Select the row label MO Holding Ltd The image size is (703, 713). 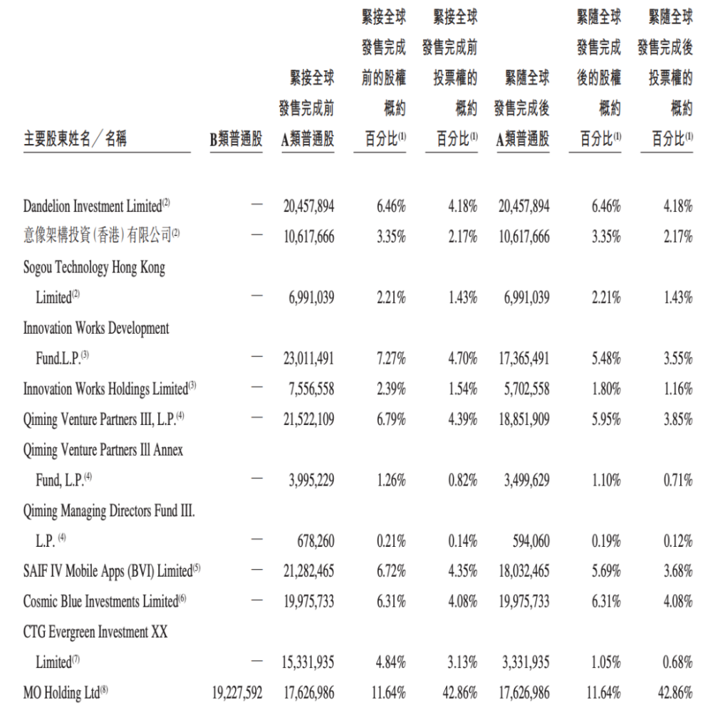click(x=63, y=692)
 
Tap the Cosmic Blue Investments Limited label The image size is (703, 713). click(x=100, y=601)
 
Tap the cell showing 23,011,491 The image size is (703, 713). click(x=308, y=359)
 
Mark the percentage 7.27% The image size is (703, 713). click(x=391, y=359)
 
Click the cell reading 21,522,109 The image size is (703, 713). click(x=308, y=419)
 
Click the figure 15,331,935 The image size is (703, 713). click(x=308, y=662)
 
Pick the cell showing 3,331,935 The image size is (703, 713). click(x=526, y=662)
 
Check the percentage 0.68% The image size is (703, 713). click(x=677, y=662)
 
